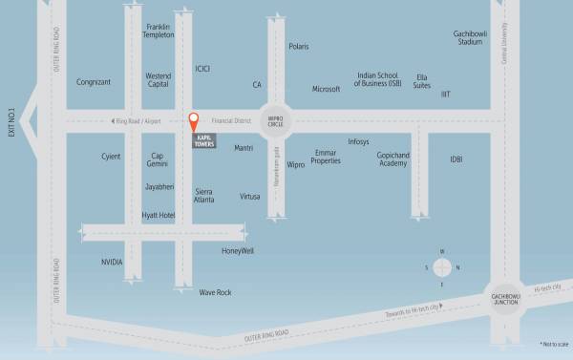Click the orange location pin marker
point(193,121)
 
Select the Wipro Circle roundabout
point(276,120)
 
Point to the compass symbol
point(441,267)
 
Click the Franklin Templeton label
point(159,31)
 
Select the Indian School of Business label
point(378,79)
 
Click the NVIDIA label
point(112,262)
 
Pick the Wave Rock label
point(215,292)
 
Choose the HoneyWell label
point(238,250)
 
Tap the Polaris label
point(299,45)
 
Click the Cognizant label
point(94,82)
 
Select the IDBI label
point(456,159)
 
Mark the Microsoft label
point(326,89)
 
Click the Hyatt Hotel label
point(158,216)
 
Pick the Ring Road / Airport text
point(140,121)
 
